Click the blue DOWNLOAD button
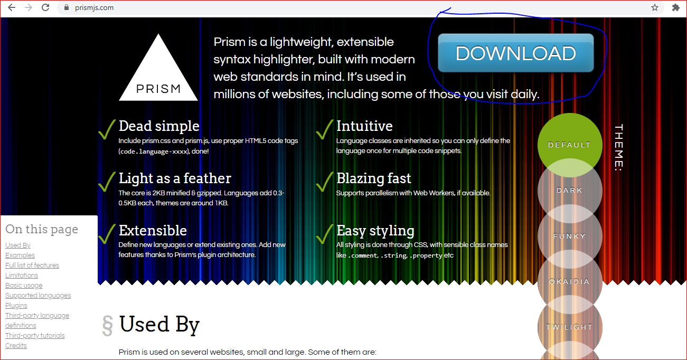pos(515,53)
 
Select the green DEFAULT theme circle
pos(570,145)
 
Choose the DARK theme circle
pos(570,191)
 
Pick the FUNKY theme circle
pos(570,236)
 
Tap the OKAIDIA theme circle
pos(570,281)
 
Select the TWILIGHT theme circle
pos(570,327)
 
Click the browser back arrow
pos(12,7)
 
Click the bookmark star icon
pos(655,7)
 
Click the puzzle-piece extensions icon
pos(676,7)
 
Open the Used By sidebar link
pos(18,245)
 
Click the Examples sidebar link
pos(20,255)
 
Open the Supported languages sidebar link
pos(38,295)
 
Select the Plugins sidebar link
pos(16,306)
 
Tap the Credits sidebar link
pos(16,346)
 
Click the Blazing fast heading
pos(373,178)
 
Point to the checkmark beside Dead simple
pos(107,129)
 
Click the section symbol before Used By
pos(107,326)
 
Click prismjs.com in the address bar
pos(94,8)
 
